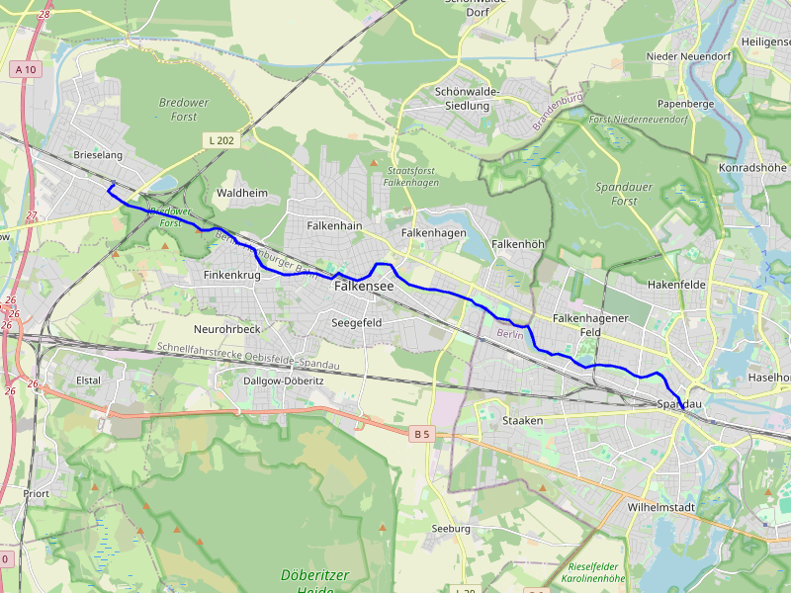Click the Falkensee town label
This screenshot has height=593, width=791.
click(364, 286)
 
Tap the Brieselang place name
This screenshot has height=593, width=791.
click(97, 156)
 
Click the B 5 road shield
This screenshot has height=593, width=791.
click(422, 433)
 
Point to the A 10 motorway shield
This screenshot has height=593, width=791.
click(27, 69)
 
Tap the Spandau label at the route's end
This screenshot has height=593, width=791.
click(679, 405)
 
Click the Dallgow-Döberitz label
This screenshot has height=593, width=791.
click(283, 381)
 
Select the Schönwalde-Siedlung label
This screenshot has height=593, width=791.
click(467, 98)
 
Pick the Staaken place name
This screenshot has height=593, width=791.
click(523, 421)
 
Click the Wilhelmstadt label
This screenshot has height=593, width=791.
click(661, 507)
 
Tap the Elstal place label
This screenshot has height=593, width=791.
click(89, 379)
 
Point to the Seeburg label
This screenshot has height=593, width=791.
click(451, 529)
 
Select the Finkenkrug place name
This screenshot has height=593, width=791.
click(231, 275)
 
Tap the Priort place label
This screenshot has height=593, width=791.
click(37, 492)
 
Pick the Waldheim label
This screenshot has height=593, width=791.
click(241, 193)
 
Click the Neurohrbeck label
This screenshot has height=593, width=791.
click(226, 328)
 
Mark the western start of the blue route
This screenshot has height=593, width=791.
click(112, 185)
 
